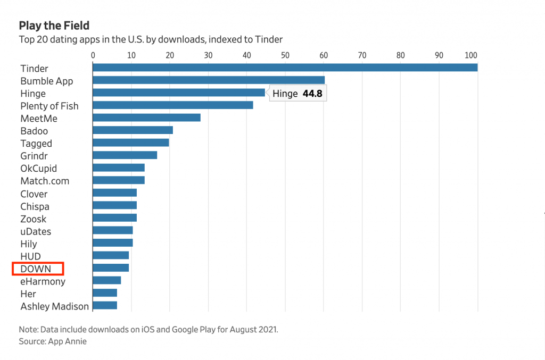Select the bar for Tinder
click(x=285, y=68)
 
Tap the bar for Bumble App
click(x=209, y=80)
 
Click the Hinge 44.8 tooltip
click(x=298, y=94)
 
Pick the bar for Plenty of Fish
click(x=173, y=105)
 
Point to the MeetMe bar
click(x=146, y=118)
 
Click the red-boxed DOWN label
click(x=36, y=269)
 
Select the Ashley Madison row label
click(x=55, y=306)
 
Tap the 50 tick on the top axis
click(x=285, y=55)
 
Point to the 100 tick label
click(x=471, y=55)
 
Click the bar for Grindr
click(x=125, y=155)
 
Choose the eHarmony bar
click(x=107, y=280)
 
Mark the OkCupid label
click(x=38, y=169)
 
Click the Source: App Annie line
click(x=53, y=341)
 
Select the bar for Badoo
click(x=133, y=130)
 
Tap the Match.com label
click(x=45, y=181)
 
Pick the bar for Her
click(x=105, y=293)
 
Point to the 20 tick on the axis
click(x=170, y=55)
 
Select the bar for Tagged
click(x=131, y=143)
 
